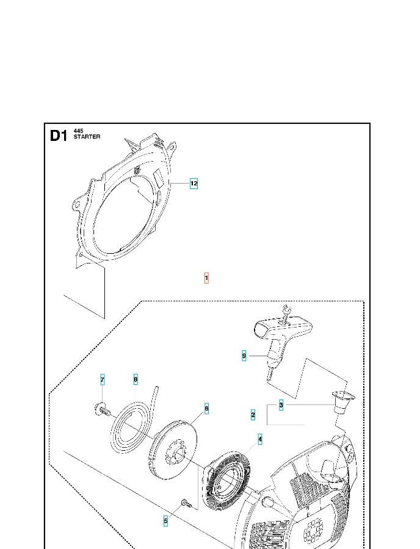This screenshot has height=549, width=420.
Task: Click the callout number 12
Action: point(194,183)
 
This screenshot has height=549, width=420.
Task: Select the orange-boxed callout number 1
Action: point(206,278)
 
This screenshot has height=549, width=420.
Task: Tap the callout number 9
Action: point(244,356)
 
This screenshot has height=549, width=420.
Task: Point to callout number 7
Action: point(103,381)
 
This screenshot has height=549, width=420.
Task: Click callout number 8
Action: point(136,379)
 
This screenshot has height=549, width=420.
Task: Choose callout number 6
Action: point(207,408)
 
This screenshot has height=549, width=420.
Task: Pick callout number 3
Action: point(281,404)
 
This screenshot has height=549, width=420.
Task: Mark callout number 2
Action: point(253,415)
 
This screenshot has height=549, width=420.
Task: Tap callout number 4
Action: point(260,439)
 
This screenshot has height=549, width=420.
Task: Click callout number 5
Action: point(165,521)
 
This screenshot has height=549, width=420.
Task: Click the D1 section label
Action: point(59,136)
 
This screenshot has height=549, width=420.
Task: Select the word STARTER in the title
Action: point(87,137)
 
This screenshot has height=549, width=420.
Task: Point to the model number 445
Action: point(78,131)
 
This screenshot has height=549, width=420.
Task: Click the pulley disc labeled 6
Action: point(175,449)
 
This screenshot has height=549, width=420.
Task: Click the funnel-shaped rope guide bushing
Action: point(342,400)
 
